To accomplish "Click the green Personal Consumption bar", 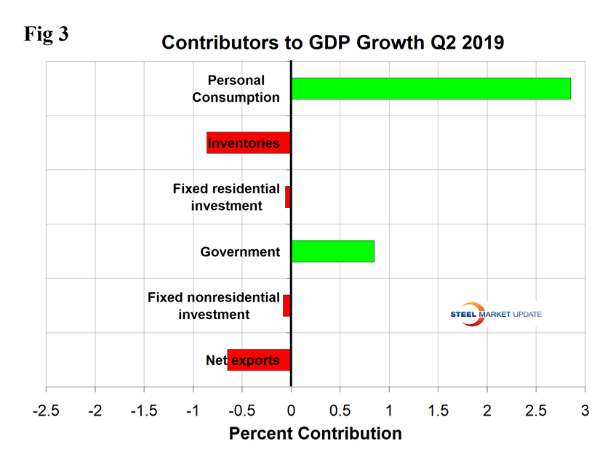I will pos(430,88).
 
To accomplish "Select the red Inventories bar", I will pos(249,142).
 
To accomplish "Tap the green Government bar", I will pos(332,251).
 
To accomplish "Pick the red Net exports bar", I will pos(259,360).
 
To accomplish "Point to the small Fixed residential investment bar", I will pos(288,197).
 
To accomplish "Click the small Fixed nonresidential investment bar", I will pos(287,305).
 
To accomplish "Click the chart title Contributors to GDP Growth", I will pos(332,42).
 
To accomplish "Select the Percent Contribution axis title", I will pos(315,434).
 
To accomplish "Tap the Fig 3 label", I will pos(46,34).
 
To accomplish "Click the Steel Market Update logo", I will pos(495,314).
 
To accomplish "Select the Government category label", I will pos(240,252).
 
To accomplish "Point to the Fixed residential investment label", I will pos(226,197).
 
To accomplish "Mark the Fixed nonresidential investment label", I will pos(213,306).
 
